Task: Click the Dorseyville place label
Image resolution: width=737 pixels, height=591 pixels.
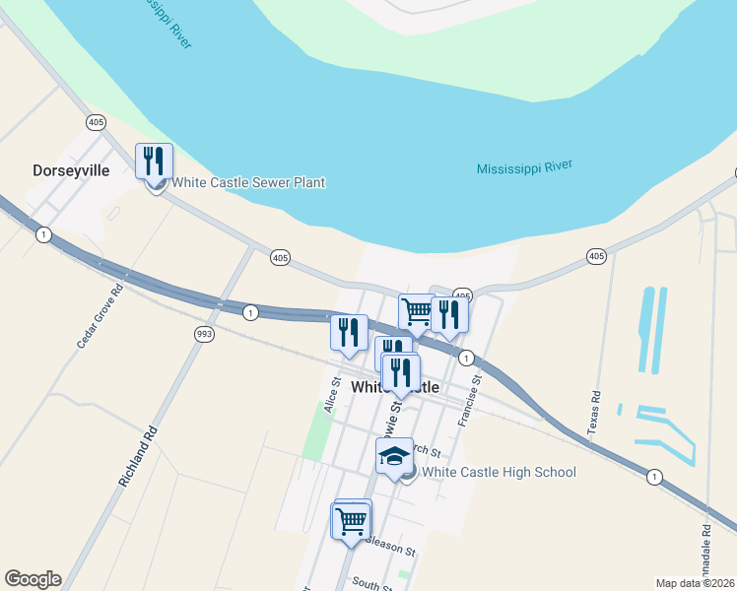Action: coord(70,170)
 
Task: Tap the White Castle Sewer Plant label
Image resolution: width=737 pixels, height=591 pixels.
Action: coord(248,182)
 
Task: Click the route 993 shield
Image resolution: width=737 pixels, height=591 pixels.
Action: coord(204,333)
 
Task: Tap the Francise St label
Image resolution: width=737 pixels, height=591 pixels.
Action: coord(469,400)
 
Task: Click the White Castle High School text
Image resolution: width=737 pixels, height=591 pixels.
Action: coord(499,473)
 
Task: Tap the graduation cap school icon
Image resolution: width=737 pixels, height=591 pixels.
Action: coord(394,456)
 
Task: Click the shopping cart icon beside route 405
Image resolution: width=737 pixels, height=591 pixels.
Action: coord(417,311)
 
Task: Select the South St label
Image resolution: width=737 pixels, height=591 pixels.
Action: coord(371,584)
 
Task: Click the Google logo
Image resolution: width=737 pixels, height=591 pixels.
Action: coord(33,579)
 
